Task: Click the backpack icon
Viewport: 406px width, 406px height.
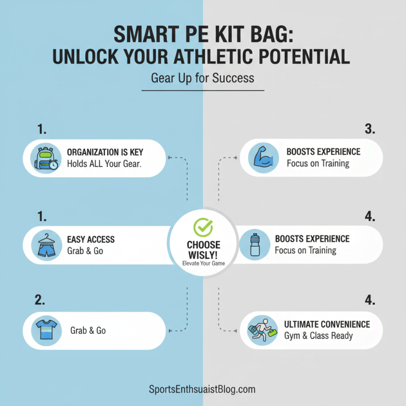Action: tap(46, 158)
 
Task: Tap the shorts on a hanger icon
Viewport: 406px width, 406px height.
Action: tap(46, 245)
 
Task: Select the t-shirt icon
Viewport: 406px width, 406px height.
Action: tap(46, 330)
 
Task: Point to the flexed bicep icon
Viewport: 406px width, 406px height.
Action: tap(263, 158)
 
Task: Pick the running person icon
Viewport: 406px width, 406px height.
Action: tap(262, 330)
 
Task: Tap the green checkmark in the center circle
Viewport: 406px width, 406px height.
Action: tap(203, 227)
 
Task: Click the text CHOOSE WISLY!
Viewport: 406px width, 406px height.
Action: tap(203, 249)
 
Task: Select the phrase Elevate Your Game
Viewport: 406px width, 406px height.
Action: tap(203, 263)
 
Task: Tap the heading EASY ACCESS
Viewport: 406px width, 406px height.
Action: tap(91, 239)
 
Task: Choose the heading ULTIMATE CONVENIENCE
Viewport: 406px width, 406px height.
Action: tap(327, 324)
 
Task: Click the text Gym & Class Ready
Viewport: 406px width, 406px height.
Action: tap(318, 336)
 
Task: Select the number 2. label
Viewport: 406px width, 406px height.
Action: tap(41, 300)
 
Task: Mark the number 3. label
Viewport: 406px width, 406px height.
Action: tap(369, 129)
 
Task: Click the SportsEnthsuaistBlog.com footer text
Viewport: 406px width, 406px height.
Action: tap(203, 390)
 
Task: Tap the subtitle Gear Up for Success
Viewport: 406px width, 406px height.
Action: tap(202, 79)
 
